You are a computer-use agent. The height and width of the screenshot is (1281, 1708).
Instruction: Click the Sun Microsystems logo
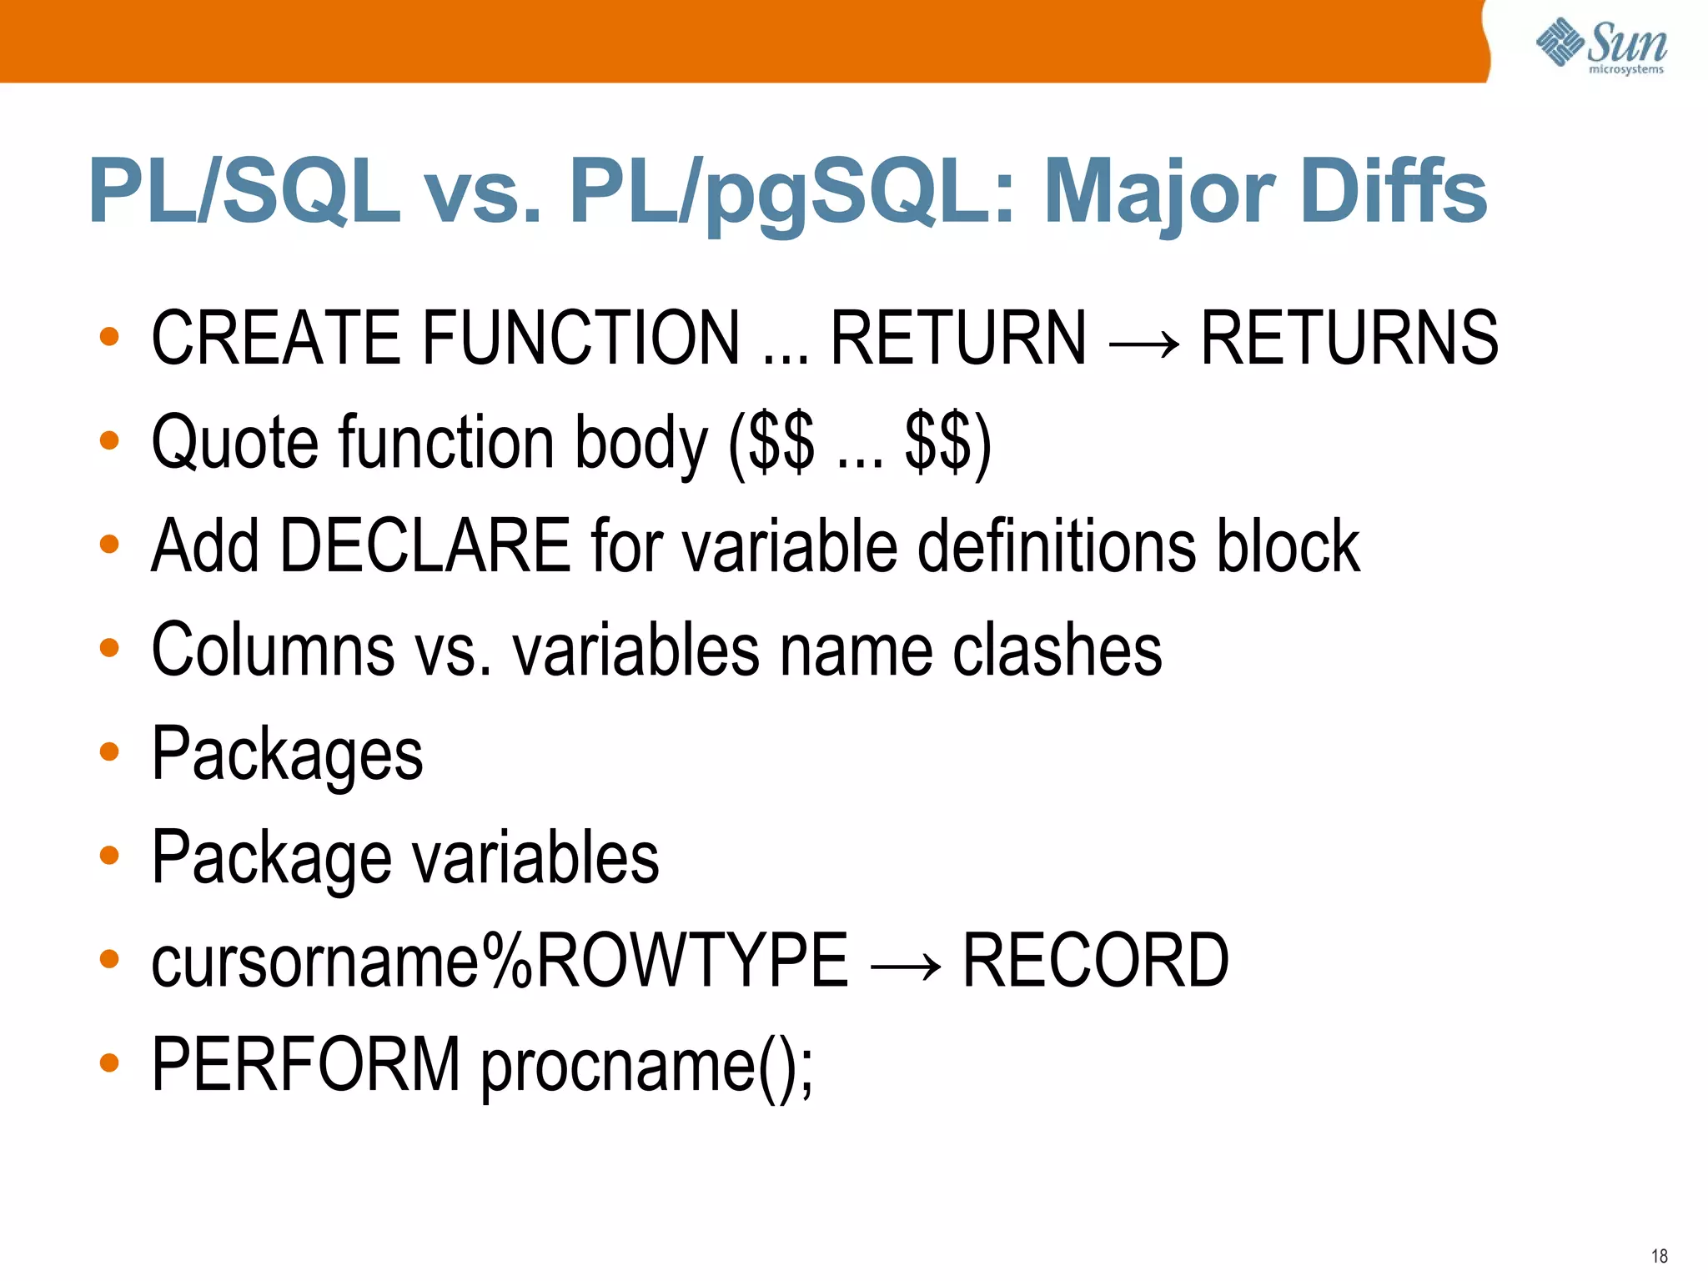[1601, 46]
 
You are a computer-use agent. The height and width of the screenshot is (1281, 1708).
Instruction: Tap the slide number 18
[1659, 1256]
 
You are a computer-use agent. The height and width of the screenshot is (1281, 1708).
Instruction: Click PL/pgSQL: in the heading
[792, 193]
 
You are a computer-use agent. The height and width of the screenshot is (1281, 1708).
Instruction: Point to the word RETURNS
[1349, 337]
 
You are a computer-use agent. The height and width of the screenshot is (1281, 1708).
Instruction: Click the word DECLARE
[425, 545]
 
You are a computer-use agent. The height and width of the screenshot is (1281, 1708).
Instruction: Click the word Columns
[273, 650]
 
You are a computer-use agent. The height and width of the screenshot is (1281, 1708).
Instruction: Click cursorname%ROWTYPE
[499, 961]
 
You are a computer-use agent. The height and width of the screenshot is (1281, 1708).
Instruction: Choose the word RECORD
[1095, 961]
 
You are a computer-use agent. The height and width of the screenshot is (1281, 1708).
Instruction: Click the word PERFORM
[305, 1064]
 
